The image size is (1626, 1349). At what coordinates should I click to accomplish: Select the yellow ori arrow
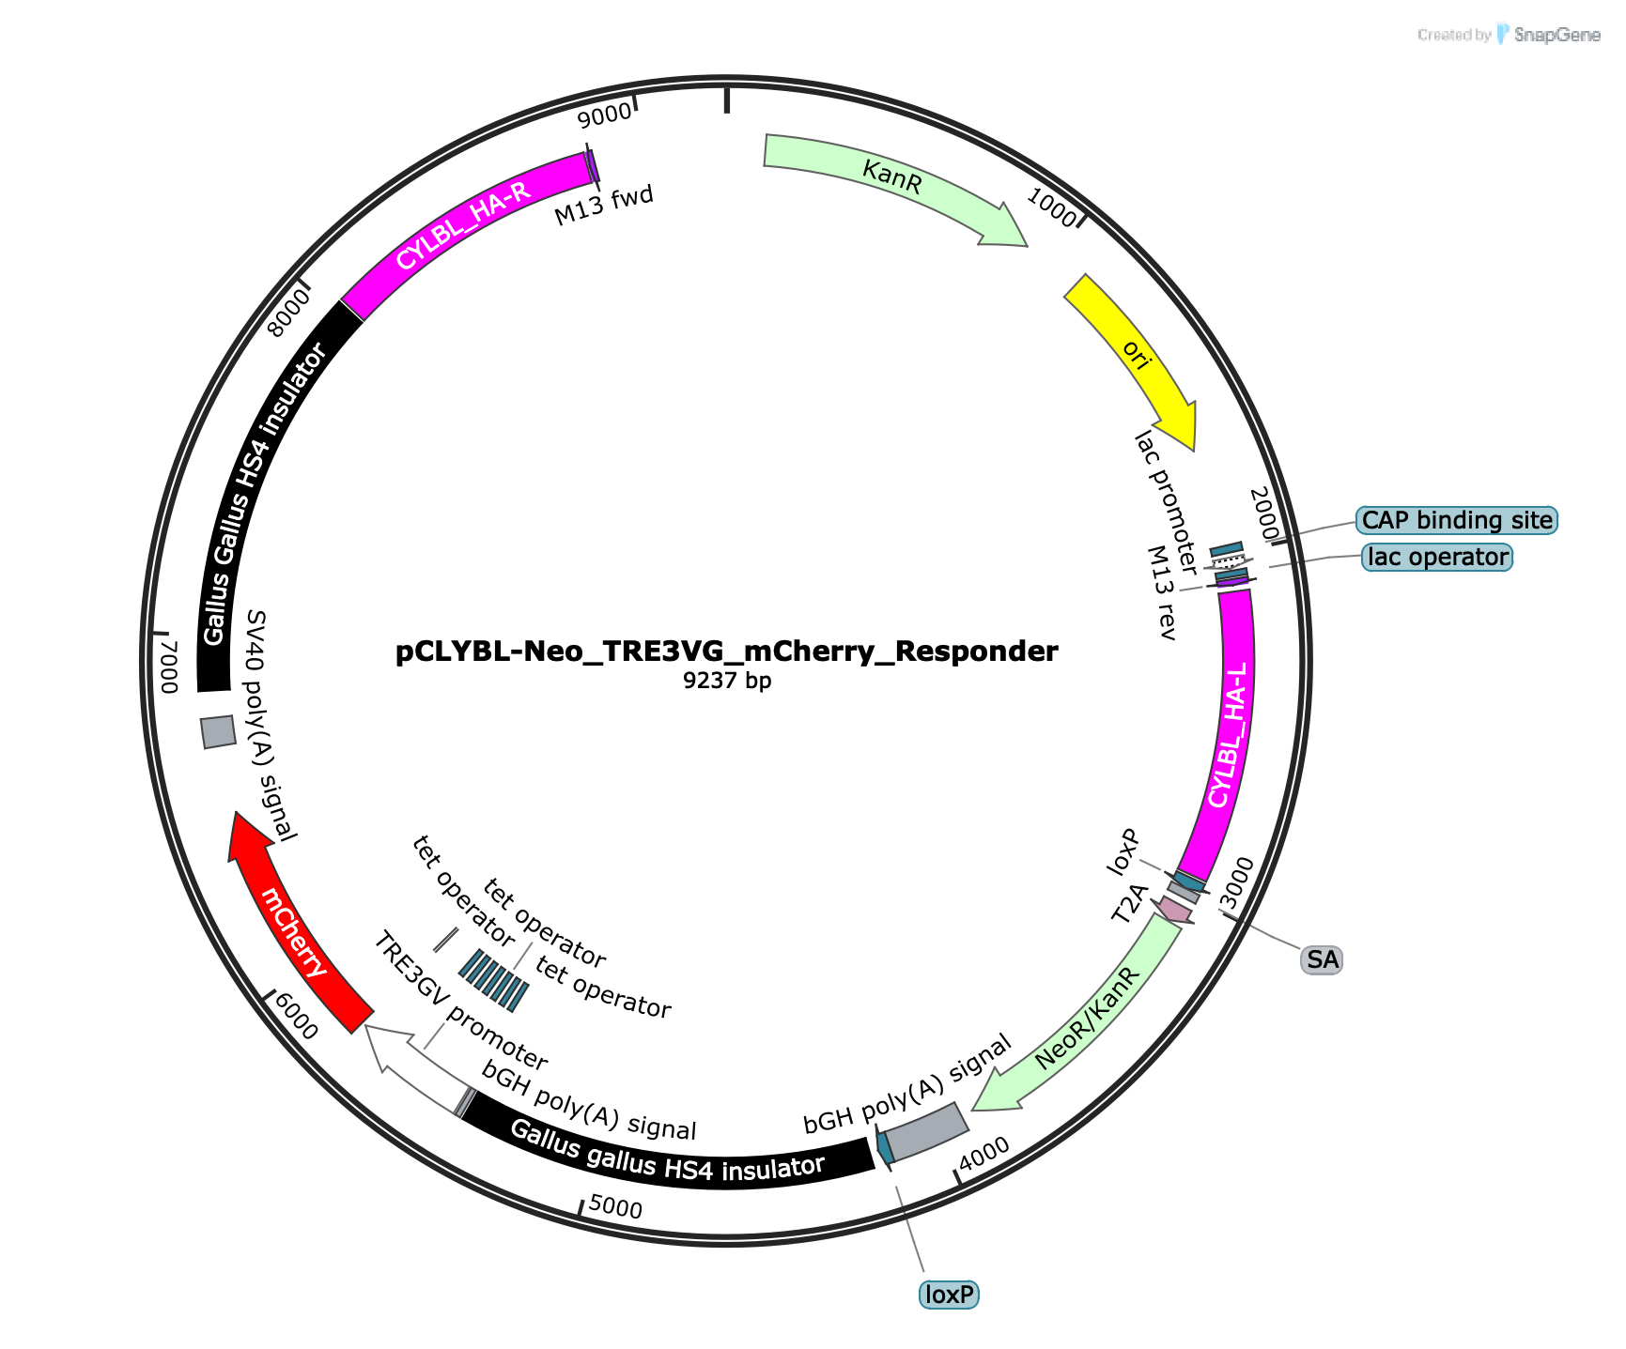(1138, 357)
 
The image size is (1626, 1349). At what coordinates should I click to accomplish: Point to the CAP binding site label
(1457, 520)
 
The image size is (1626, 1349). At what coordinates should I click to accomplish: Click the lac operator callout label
(1437, 558)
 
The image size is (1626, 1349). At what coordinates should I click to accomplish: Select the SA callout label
(1322, 959)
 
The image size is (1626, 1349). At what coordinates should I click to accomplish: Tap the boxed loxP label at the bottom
(949, 1295)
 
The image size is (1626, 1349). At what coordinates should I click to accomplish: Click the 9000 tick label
(604, 115)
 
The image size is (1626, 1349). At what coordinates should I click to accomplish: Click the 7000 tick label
(169, 667)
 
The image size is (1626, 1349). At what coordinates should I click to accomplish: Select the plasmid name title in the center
(726, 652)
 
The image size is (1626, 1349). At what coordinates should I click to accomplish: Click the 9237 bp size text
(727, 681)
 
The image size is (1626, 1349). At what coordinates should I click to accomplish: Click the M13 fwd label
(603, 206)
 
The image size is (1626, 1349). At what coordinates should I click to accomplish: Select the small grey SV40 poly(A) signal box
(219, 732)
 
